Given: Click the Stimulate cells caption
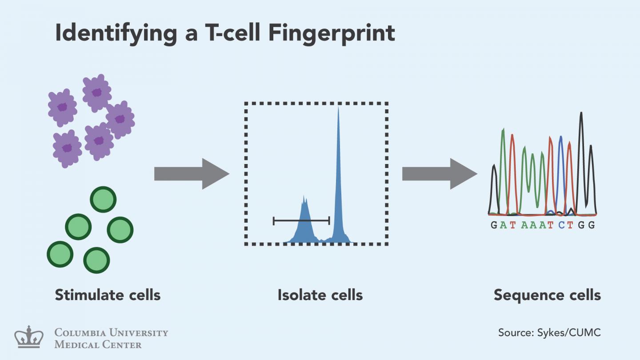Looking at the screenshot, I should click(x=108, y=295).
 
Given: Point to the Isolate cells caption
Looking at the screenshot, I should click(x=320, y=295).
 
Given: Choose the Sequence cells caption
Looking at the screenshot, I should click(x=547, y=295).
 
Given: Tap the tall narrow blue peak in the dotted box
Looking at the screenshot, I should click(x=339, y=178).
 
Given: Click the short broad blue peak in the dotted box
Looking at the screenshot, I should click(x=304, y=222).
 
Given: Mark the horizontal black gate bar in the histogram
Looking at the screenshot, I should click(x=301, y=220).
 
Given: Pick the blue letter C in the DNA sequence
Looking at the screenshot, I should click(x=562, y=225).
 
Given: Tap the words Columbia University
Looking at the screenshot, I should click(x=111, y=332).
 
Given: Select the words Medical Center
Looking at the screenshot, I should click(x=98, y=344).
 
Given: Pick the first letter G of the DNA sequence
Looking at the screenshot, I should click(x=494, y=225).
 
